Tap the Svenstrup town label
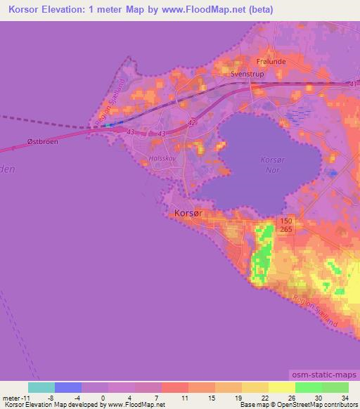point(246,72)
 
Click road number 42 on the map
point(193,122)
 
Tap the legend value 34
point(345,397)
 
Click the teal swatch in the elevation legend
point(41,387)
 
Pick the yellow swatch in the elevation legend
point(281,387)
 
